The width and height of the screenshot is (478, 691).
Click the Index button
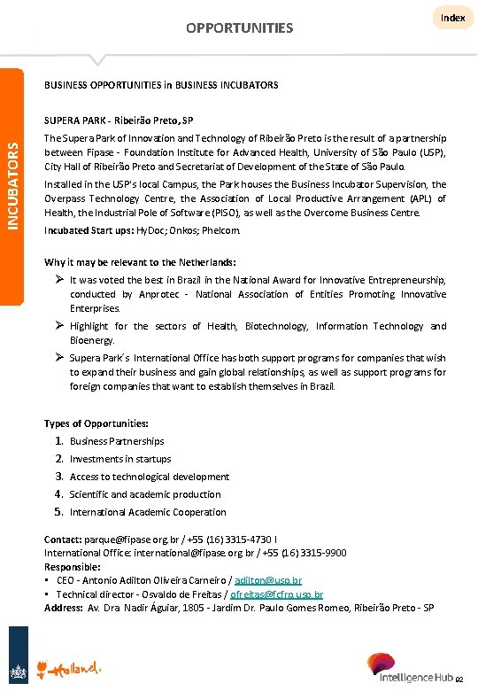(x=452, y=18)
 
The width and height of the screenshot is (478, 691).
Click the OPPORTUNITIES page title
(x=239, y=28)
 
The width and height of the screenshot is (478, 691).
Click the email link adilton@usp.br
(x=268, y=580)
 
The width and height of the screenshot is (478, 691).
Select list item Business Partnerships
(x=117, y=441)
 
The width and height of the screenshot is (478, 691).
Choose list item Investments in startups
(x=120, y=459)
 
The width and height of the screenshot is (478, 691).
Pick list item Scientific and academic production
(x=145, y=494)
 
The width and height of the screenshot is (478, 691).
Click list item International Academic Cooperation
(x=148, y=512)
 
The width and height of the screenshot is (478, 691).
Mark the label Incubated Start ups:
(x=89, y=230)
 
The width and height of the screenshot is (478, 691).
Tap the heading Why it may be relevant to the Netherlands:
(x=140, y=262)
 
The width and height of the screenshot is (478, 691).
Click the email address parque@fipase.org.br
(x=124, y=540)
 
